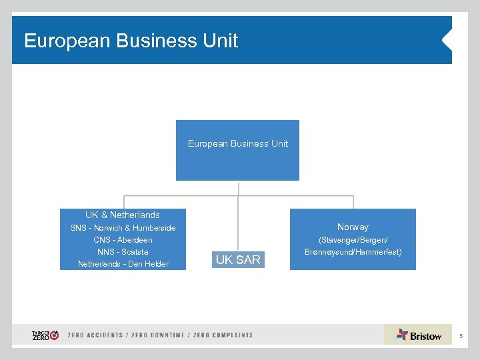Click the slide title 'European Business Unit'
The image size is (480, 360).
[x=131, y=41]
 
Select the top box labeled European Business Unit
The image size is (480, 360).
[x=237, y=150]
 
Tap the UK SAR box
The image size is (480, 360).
[x=238, y=260]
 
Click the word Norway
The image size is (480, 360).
[x=353, y=227]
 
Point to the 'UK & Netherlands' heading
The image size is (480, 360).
[x=123, y=215]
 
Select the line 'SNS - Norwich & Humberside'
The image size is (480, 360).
[x=123, y=228]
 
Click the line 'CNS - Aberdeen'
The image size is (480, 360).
[x=123, y=240]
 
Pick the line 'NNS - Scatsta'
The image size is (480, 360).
[x=123, y=252]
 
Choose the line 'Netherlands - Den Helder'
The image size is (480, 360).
[x=123, y=264]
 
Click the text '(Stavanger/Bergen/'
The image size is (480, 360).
[x=353, y=240]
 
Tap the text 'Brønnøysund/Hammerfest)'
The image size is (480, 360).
[x=353, y=252]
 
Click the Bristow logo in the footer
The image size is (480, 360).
[x=419, y=335]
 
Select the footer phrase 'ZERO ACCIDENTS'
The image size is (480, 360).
[x=95, y=335]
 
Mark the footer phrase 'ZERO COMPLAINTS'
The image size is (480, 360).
[x=223, y=335]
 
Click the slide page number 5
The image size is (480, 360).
[x=460, y=336]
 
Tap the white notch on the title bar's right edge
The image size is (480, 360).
[x=447, y=41]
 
